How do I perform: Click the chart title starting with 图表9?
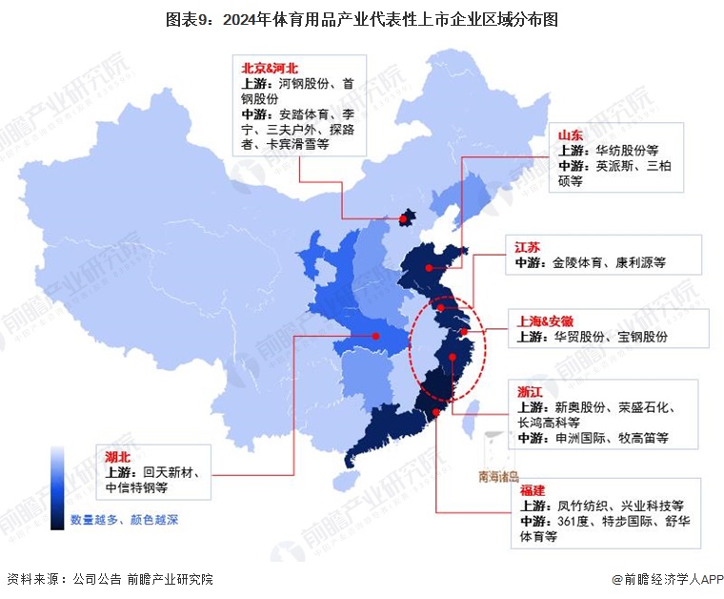coord(362,18)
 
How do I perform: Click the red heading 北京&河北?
coord(271,68)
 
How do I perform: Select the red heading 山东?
coord(572,135)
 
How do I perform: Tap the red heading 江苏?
coord(528,247)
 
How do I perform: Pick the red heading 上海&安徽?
coord(545,321)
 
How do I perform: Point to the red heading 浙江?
coord(531,392)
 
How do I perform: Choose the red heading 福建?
coord(533,490)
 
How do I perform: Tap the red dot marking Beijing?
coord(404,220)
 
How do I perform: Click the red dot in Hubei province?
coord(375,336)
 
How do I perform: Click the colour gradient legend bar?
coord(58,487)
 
